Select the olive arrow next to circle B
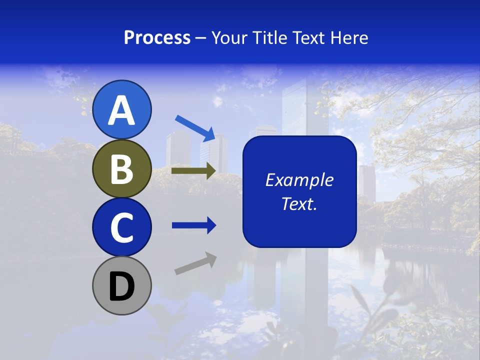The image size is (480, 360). point(194,170)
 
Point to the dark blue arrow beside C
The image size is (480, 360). point(194,225)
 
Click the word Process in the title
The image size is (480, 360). point(157,37)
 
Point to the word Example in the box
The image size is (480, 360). point(299,180)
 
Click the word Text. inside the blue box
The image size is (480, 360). point(299,204)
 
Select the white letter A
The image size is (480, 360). point(122,111)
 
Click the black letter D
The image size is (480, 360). point(122,286)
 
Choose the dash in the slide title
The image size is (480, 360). point(201,38)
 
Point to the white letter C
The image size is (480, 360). point(122,227)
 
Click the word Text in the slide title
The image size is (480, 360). point(309,37)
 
